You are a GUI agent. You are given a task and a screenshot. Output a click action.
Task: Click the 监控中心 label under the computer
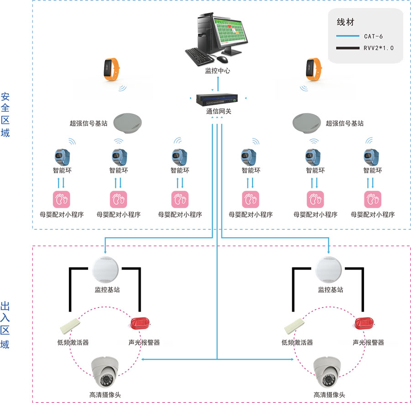tap(217, 71)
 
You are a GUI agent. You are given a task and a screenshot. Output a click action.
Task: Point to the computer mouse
tap(222, 59)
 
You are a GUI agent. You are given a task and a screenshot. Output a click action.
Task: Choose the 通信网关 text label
tap(218, 111)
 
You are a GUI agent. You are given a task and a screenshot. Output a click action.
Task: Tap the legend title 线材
tap(345, 22)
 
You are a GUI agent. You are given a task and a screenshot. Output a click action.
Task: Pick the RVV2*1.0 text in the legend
tap(379, 48)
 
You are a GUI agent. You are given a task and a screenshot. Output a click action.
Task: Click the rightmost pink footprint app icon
tap(372, 200)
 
